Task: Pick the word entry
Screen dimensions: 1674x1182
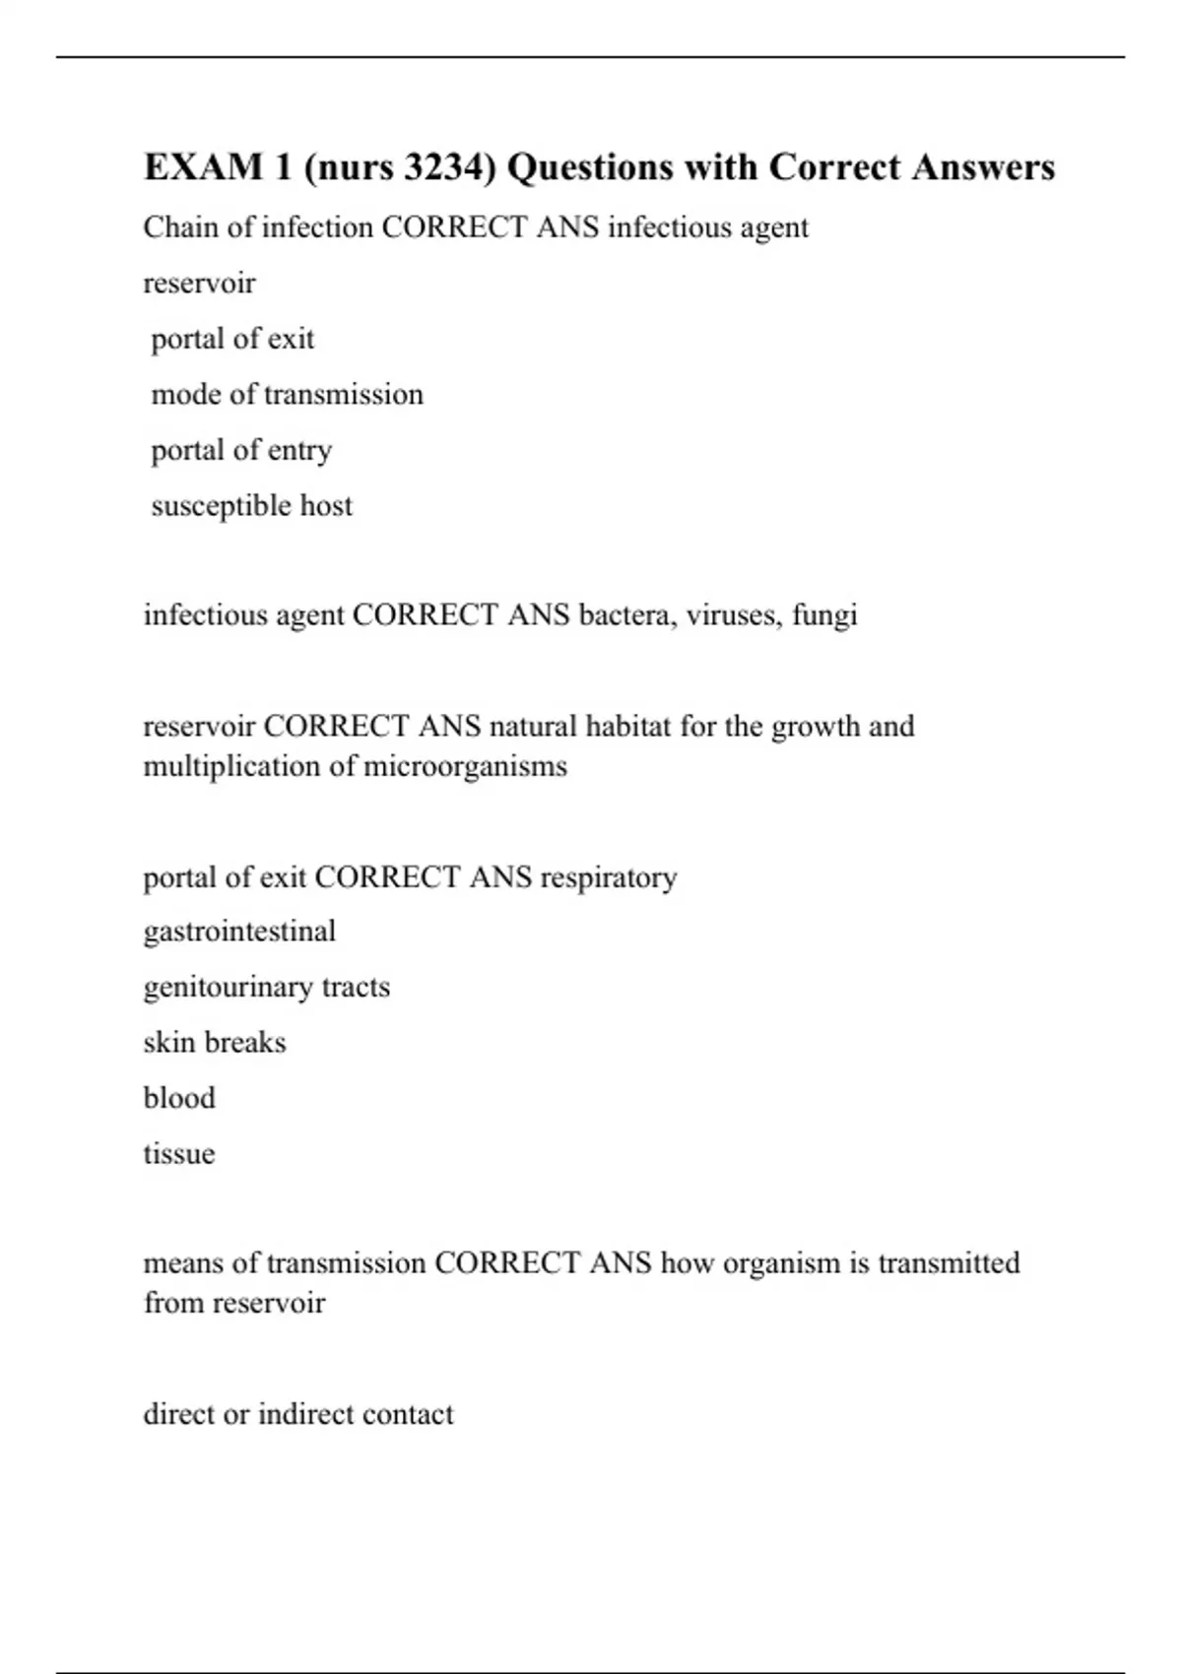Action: pos(299,451)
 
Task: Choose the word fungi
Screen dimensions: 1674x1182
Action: pos(824,616)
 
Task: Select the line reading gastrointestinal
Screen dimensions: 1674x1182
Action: pos(239,932)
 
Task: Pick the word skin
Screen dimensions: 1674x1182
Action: pos(169,1043)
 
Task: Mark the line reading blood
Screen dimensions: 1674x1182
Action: pos(179,1098)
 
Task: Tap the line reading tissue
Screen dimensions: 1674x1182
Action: pos(179,1154)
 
